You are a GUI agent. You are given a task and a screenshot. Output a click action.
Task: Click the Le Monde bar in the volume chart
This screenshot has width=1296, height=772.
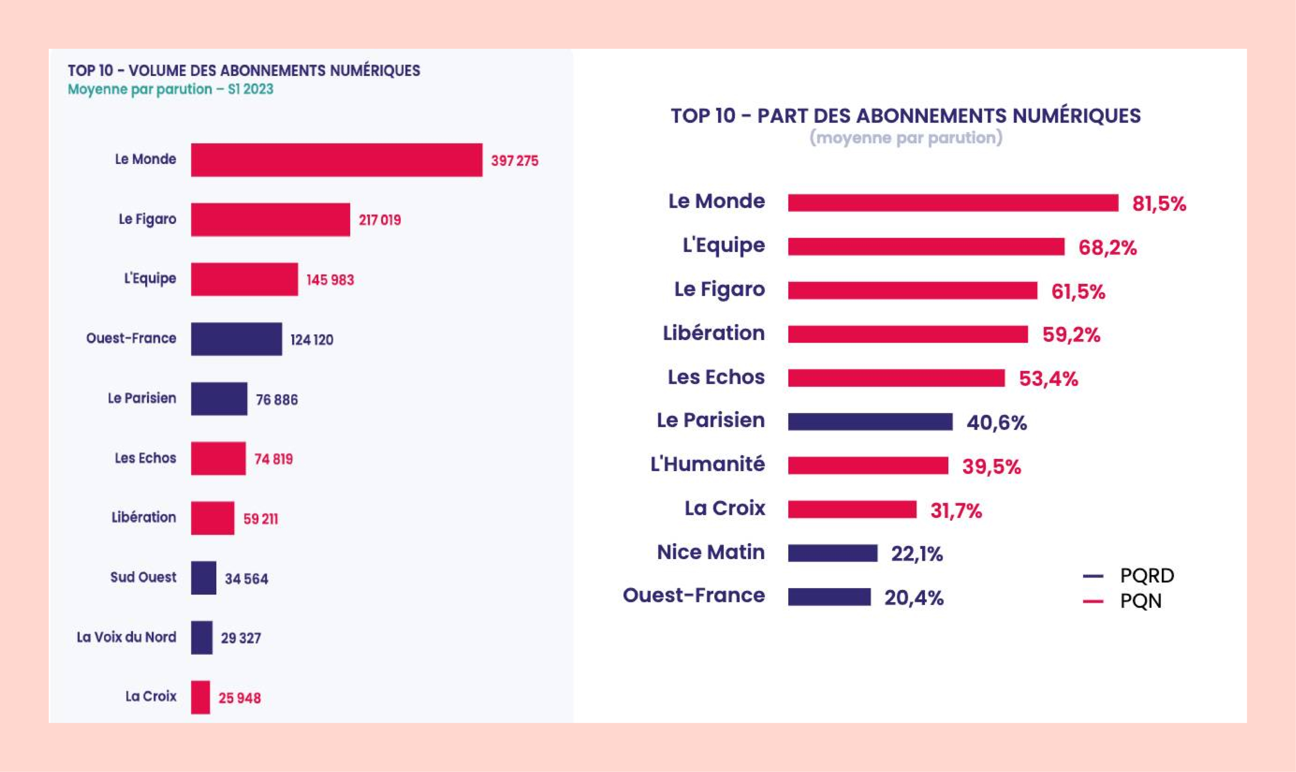337,160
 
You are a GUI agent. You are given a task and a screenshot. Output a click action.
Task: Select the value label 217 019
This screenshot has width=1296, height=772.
380,220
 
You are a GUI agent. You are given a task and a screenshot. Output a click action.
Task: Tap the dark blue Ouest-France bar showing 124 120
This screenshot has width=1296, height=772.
236,338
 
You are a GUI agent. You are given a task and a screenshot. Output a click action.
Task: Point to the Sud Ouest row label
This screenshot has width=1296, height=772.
143,577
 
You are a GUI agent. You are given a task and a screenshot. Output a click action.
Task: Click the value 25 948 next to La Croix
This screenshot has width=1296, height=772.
239,698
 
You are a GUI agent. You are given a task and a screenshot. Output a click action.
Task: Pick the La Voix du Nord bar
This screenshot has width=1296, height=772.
201,637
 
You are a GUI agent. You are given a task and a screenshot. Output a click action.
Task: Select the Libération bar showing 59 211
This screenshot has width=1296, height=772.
212,518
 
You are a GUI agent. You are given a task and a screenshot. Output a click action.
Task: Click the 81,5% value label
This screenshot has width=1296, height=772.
1159,203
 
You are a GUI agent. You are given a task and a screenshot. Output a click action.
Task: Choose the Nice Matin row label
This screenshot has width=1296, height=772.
710,552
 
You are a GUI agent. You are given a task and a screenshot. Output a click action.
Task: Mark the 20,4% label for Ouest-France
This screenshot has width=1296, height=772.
914,598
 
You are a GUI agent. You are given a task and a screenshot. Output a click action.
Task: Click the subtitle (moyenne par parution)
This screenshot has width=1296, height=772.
906,138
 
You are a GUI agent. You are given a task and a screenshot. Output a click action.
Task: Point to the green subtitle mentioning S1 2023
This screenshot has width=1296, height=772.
170,89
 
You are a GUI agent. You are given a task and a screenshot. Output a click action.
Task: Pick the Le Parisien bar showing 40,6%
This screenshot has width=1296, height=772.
870,421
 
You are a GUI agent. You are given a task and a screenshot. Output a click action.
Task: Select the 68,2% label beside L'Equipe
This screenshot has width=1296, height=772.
1107,248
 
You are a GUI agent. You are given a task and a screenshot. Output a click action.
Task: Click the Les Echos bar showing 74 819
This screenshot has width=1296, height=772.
218,458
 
